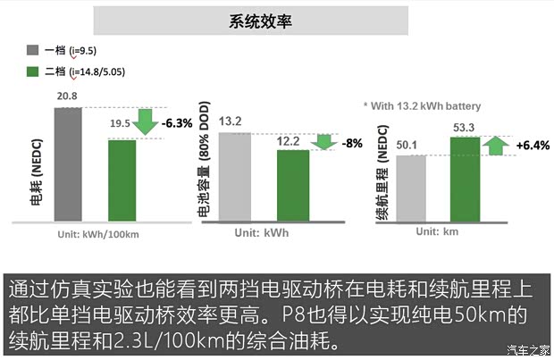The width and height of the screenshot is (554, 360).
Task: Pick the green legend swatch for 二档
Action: pyautogui.click(x=33, y=71)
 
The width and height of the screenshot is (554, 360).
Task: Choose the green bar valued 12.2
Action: pyautogui.click(x=292, y=185)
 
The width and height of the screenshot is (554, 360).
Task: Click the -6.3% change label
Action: pyautogui.click(x=177, y=123)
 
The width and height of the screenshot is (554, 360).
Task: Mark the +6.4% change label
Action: pyautogui.click(x=533, y=145)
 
